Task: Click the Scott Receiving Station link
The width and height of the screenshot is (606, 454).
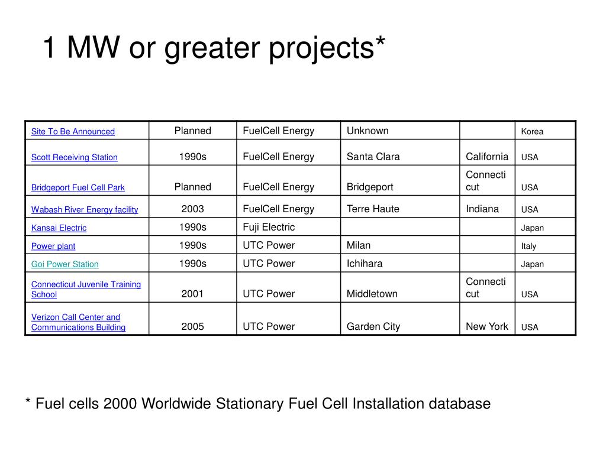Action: [74, 157]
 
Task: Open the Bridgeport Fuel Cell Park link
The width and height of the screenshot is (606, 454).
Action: [78, 187]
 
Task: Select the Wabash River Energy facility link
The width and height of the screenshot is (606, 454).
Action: [84, 209]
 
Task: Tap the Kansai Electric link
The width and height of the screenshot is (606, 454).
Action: [59, 228]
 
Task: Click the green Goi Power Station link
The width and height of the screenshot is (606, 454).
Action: [65, 264]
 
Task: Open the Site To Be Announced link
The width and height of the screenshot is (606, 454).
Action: [73, 131]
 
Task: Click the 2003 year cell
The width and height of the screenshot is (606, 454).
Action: [192, 209]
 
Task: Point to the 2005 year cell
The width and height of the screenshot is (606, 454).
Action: [192, 326]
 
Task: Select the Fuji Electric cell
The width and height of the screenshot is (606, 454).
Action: [269, 227]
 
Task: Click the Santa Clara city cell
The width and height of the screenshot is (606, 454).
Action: [373, 157]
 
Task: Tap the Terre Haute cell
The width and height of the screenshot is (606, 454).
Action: [373, 209]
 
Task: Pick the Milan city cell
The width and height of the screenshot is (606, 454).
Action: [359, 245]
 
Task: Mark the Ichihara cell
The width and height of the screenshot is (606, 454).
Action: [365, 264]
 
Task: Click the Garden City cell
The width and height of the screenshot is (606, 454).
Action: [373, 326]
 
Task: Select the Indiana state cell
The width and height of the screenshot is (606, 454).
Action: [482, 209]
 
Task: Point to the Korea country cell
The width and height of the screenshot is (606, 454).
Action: [532, 132]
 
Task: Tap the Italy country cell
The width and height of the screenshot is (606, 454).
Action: [528, 246]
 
